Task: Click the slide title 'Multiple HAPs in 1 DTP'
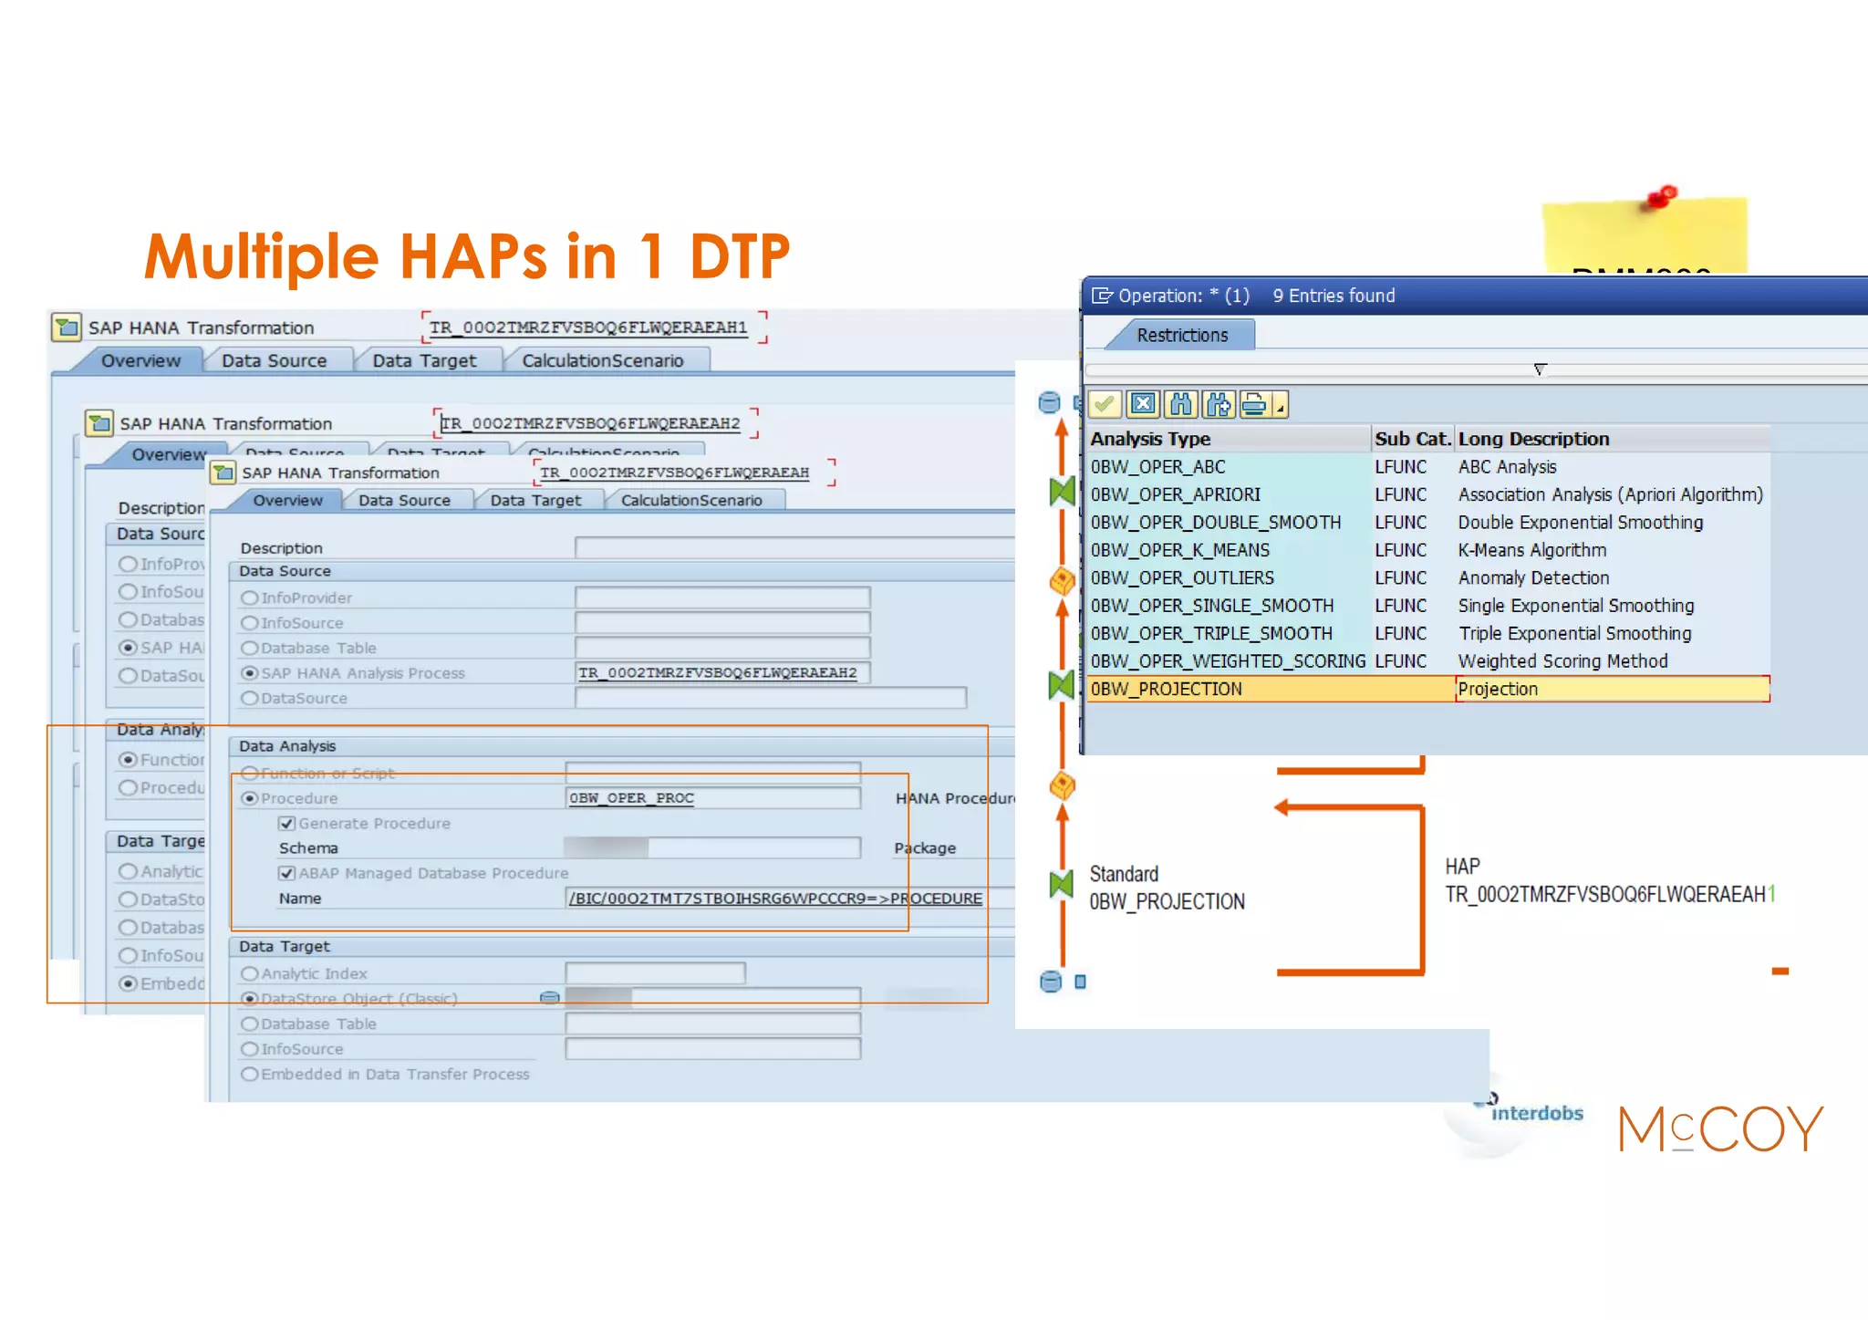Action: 466,255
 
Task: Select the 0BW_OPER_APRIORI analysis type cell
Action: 1176,494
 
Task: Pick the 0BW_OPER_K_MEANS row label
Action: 1179,550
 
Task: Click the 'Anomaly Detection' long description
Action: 1533,578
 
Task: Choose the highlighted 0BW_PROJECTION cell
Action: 1167,690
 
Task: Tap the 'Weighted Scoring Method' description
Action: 1562,661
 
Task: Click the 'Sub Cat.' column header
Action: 1412,439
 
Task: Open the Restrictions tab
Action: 1182,335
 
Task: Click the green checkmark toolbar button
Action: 1105,403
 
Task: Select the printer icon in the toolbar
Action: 1255,403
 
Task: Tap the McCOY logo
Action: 1720,1128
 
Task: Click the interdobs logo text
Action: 1537,1113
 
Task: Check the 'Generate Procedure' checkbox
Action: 287,824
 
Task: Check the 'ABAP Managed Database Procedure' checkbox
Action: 287,874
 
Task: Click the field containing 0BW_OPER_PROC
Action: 711,798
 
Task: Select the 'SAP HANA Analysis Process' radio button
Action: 249,673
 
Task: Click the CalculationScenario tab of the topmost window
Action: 691,500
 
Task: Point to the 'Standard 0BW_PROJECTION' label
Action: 1167,888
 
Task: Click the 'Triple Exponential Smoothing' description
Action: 1574,634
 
